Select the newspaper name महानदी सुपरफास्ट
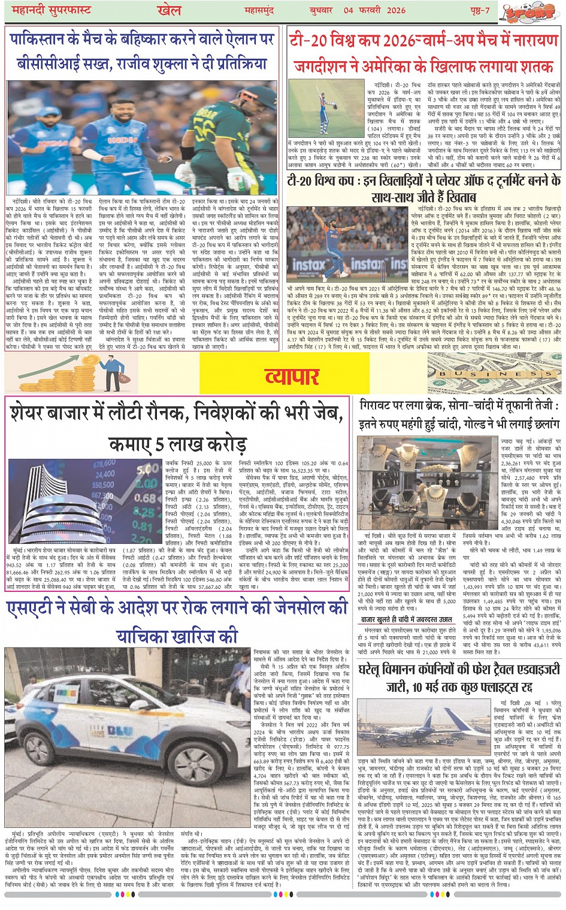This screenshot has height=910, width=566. [x=54, y=11]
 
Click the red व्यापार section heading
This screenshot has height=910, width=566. [x=292, y=376]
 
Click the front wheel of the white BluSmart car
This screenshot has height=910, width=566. [x=196, y=785]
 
